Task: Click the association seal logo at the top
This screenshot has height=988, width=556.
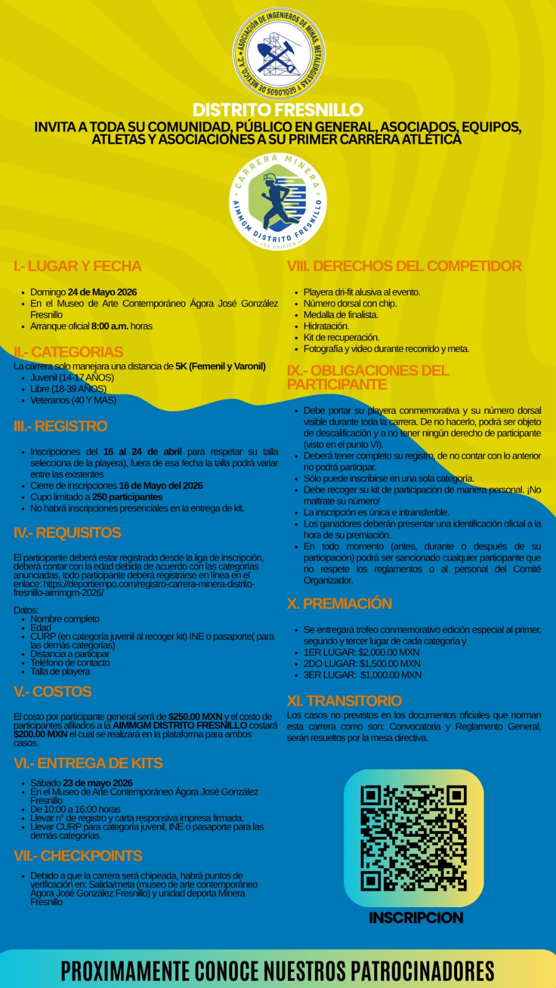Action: tap(278, 54)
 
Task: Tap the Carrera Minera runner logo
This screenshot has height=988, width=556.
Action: tap(278, 201)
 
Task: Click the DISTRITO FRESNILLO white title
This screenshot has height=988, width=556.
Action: tap(278, 110)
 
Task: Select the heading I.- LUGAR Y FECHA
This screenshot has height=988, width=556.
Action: tap(77, 266)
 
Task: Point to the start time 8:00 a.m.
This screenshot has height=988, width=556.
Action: tap(109, 326)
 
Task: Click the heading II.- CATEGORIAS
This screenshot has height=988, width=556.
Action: tap(69, 352)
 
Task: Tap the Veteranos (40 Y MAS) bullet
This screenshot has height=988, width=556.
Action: tap(73, 400)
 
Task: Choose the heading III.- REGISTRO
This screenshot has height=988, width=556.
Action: tap(61, 426)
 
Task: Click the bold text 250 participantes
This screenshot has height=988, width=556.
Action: tap(127, 497)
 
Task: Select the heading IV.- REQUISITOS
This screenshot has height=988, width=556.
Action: tap(67, 533)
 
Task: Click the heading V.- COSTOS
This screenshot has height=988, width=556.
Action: tap(53, 692)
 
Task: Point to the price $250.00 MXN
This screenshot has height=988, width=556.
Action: tap(195, 717)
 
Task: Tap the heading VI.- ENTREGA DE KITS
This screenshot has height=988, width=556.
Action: tap(88, 763)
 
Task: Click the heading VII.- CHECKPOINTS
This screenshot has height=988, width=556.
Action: tap(78, 856)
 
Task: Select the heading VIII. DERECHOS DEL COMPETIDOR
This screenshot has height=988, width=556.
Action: tap(405, 266)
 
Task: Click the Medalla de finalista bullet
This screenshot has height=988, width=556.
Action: tap(340, 315)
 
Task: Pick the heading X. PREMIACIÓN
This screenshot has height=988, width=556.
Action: tap(339, 603)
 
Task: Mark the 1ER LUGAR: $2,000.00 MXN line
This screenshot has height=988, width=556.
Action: tap(361, 652)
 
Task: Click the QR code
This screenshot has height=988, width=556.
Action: tap(413, 838)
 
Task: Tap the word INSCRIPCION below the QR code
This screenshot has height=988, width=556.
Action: tap(416, 918)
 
